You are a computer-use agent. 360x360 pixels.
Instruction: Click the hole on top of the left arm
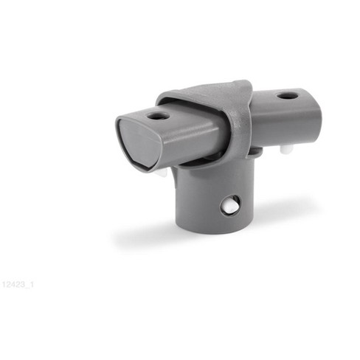(157, 115)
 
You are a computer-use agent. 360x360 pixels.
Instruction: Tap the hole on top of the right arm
(288, 95)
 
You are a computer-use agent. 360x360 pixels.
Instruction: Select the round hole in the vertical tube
(230, 205)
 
